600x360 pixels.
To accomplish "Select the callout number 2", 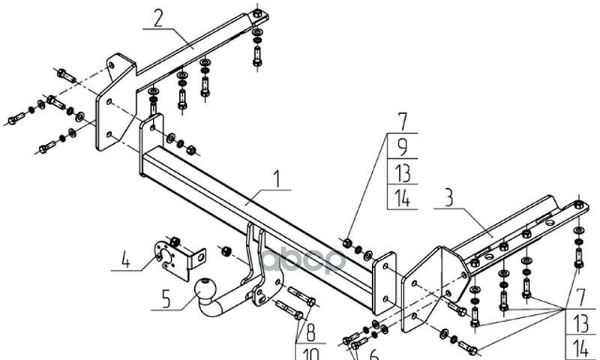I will pos(158,17).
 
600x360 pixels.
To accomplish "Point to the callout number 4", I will pos(125,261).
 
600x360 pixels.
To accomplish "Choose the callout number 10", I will pos(308,353).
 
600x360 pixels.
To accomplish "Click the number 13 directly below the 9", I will pos(402,173).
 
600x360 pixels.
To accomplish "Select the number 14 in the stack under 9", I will pos(402,199).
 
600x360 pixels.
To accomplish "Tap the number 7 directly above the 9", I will pos(402,120).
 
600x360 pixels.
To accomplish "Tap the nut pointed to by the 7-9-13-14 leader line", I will pos(347,241).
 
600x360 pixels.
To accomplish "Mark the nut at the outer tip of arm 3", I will pos(579,205).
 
